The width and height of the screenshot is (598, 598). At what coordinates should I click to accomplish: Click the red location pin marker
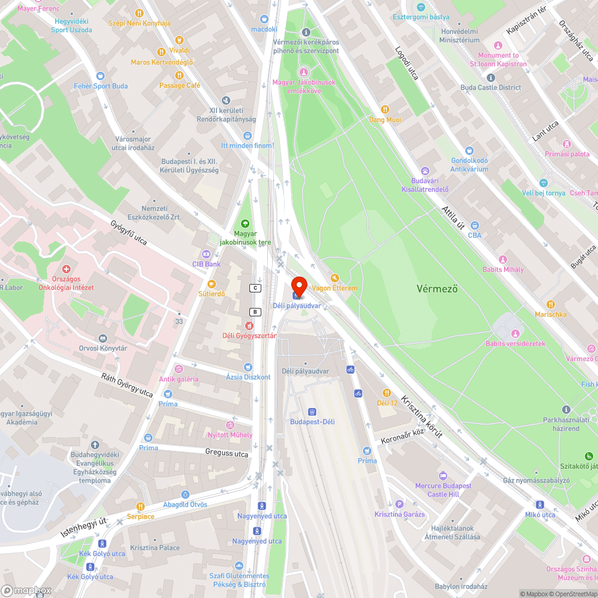[298, 286]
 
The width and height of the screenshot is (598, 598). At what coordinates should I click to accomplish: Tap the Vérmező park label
[437, 289]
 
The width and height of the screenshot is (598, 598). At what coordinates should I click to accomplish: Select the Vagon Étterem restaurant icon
[334, 277]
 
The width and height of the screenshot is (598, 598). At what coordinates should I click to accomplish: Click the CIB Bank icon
[206, 254]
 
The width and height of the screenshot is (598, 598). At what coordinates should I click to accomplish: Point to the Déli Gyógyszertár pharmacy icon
[249, 325]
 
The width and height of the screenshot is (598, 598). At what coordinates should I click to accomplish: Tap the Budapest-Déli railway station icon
[312, 411]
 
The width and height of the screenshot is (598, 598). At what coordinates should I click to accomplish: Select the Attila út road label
[453, 218]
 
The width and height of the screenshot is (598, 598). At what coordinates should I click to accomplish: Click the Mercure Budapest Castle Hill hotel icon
[443, 475]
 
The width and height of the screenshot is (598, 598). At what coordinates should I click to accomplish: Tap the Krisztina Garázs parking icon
[399, 504]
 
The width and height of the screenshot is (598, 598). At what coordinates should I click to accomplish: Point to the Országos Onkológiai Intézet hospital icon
[66, 270]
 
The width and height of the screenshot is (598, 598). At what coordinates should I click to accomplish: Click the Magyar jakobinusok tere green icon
[245, 223]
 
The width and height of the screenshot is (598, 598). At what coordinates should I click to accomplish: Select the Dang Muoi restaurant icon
[385, 109]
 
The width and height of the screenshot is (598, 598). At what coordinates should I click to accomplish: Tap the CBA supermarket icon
[474, 225]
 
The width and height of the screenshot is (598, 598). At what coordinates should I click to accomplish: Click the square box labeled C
[255, 288]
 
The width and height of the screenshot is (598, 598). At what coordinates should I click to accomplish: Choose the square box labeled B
[255, 312]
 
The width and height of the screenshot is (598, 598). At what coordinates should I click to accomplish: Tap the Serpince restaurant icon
[141, 506]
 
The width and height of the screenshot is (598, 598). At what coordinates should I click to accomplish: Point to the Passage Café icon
[179, 75]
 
